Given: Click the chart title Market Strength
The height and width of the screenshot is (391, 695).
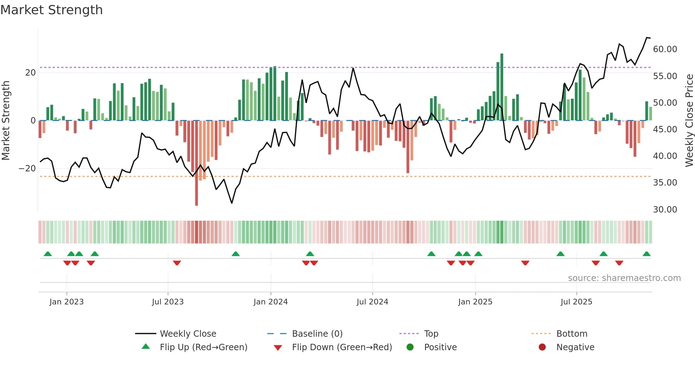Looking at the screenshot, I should (51, 10).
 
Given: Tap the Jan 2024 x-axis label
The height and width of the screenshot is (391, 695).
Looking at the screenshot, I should (271, 302).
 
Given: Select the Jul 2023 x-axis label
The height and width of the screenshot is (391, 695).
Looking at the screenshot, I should (168, 302).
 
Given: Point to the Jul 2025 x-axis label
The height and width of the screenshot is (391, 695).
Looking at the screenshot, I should (576, 302).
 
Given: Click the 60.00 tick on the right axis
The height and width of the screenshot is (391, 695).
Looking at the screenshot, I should (665, 49).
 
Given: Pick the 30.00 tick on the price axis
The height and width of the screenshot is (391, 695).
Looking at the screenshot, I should (665, 210).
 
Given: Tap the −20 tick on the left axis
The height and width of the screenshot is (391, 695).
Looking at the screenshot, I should (27, 169).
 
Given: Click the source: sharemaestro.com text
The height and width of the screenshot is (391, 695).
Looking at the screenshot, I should (624, 278).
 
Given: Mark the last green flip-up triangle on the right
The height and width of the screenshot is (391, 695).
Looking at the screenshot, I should (646, 254).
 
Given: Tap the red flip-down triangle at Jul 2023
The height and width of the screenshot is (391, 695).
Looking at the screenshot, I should (177, 263).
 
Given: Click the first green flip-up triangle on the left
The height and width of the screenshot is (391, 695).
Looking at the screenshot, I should (48, 254).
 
